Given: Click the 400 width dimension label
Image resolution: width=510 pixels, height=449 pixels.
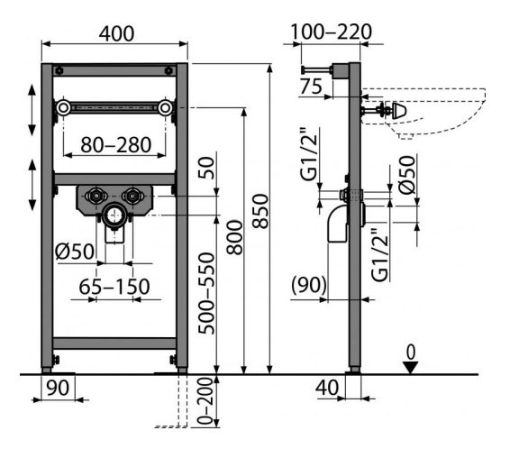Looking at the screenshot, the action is (x=116, y=34).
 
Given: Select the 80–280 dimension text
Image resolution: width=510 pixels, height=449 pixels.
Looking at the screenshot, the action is (x=116, y=145).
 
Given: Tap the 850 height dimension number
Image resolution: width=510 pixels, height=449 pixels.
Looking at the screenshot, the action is (x=260, y=211).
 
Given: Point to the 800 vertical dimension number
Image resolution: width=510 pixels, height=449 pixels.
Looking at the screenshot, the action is (x=235, y=237).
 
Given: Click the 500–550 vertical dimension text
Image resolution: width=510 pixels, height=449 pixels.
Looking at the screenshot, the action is (x=207, y=294).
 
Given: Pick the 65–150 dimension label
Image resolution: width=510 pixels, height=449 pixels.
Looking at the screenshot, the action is (x=114, y=287).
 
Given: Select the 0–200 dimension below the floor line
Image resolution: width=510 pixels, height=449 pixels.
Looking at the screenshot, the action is (x=205, y=401).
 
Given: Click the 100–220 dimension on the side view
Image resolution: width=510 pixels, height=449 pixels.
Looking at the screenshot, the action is (x=331, y=32).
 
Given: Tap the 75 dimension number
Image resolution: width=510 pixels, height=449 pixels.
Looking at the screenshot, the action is (x=311, y=87).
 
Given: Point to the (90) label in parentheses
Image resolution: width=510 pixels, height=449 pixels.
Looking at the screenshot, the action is (x=309, y=285).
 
